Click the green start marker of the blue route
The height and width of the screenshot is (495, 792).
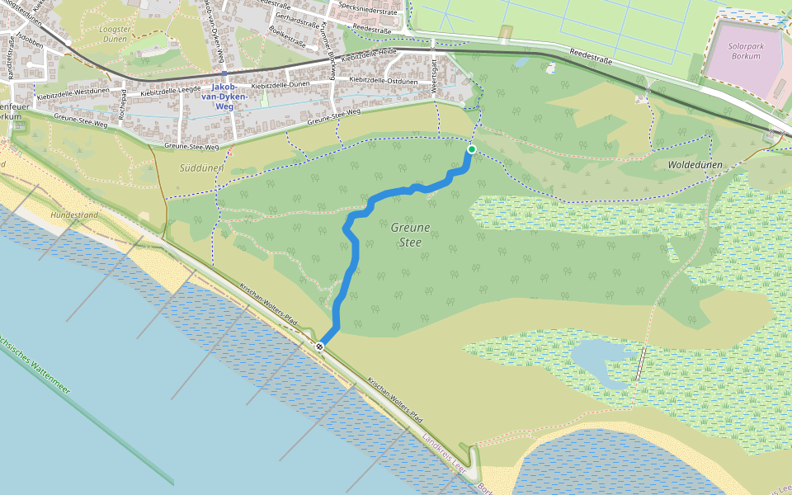pos(471,149)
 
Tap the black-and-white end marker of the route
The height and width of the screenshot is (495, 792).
pos(319,346)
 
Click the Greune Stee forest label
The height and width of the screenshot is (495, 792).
pos(410,235)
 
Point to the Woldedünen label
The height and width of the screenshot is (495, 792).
pos(695,165)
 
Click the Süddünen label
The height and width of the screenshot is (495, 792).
pos(201,167)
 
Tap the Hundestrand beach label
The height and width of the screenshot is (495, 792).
pos(74,214)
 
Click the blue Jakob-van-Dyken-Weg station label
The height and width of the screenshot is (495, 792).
pos(229,96)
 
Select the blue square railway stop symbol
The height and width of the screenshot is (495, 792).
pos(224,73)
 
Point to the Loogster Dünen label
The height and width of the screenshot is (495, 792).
pos(115,34)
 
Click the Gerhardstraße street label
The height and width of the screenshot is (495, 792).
pos(299,16)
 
